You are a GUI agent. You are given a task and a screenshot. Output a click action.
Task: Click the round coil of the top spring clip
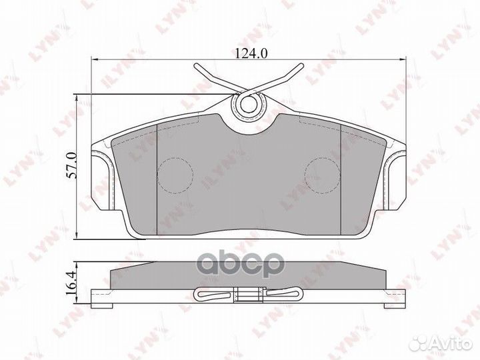pos(248,103)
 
